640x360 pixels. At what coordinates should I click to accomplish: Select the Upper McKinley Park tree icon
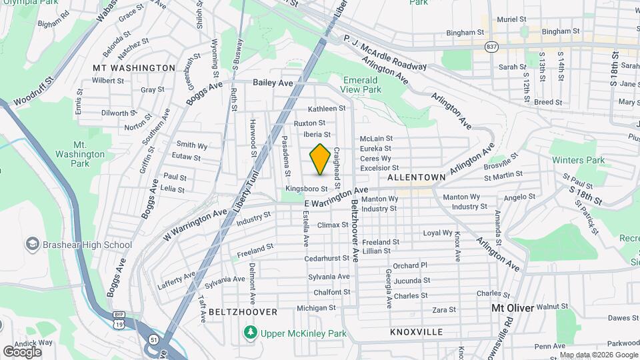point(251,332)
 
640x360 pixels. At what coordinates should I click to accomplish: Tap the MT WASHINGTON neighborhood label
point(134,68)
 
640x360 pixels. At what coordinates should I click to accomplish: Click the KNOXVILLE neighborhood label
point(417,331)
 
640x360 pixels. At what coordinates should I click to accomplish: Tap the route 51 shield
point(154,339)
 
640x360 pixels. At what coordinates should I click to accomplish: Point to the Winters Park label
point(578,160)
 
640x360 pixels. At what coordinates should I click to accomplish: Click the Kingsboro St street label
point(307,189)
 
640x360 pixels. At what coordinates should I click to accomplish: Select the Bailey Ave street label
point(273,83)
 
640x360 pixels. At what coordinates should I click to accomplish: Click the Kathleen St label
point(327,109)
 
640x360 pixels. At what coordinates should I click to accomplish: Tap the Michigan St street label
point(317,308)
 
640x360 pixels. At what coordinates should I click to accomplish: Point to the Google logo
point(22,351)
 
